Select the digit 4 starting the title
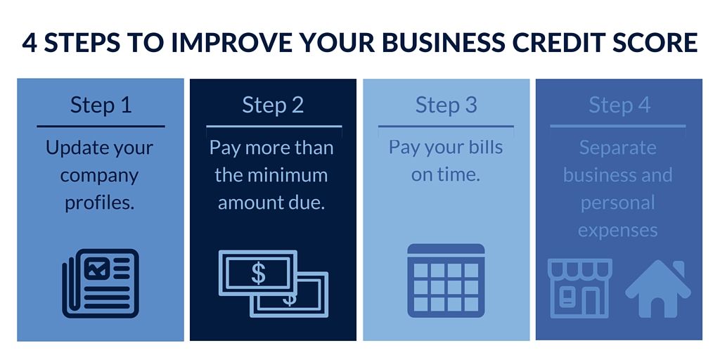pos(30,43)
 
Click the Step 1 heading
pos(101,105)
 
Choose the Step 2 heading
pos(273,105)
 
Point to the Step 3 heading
pos(446,105)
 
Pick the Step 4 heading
pos(619,105)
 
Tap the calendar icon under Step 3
pos(446,280)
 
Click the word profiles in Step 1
pos(99,202)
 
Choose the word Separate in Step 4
pos(617,148)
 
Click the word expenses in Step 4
pos(617,230)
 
